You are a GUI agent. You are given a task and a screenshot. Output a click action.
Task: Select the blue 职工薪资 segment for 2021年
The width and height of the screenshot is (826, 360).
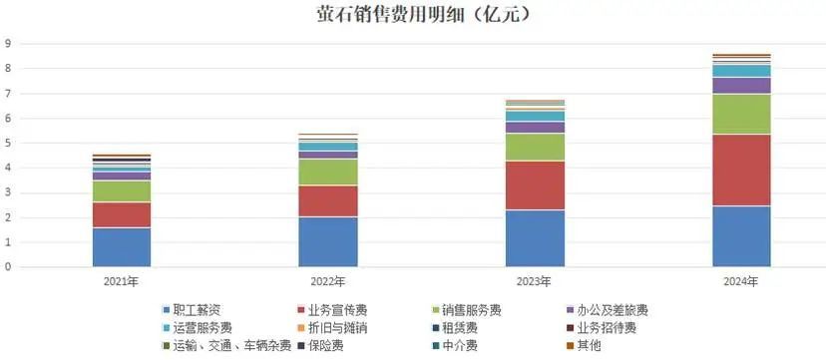pyautogui.click(x=122, y=247)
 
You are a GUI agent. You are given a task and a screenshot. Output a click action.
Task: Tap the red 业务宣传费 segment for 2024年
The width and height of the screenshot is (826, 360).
pyautogui.click(x=742, y=170)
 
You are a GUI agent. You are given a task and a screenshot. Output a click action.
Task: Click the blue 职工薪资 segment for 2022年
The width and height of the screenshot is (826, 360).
pyautogui.click(x=328, y=241)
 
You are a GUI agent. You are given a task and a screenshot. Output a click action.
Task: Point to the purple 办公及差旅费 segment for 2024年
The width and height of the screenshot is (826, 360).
pyautogui.click(x=742, y=85)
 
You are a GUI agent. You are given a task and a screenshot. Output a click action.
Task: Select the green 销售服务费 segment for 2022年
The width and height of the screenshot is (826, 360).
pyautogui.click(x=328, y=172)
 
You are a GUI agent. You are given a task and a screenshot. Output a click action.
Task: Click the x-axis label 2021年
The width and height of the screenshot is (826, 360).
pyautogui.click(x=122, y=281)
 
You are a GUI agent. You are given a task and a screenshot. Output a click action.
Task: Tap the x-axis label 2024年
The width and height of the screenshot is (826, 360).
pyautogui.click(x=742, y=281)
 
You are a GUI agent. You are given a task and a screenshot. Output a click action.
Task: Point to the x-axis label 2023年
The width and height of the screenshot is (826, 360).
pyautogui.click(x=536, y=281)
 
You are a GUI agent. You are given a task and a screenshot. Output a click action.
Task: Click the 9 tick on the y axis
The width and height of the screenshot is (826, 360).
pyautogui.click(x=8, y=44)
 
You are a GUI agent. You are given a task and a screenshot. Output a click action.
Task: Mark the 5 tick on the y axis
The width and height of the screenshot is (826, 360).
pyautogui.click(x=8, y=144)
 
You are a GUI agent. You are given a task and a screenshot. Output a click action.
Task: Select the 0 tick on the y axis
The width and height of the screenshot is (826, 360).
pyautogui.click(x=8, y=267)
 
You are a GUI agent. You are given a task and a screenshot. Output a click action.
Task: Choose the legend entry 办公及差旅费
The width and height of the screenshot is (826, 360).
pyautogui.click(x=614, y=310)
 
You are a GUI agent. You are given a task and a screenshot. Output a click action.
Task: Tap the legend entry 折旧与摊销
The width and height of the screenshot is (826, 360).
pyautogui.click(x=341, y=327)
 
